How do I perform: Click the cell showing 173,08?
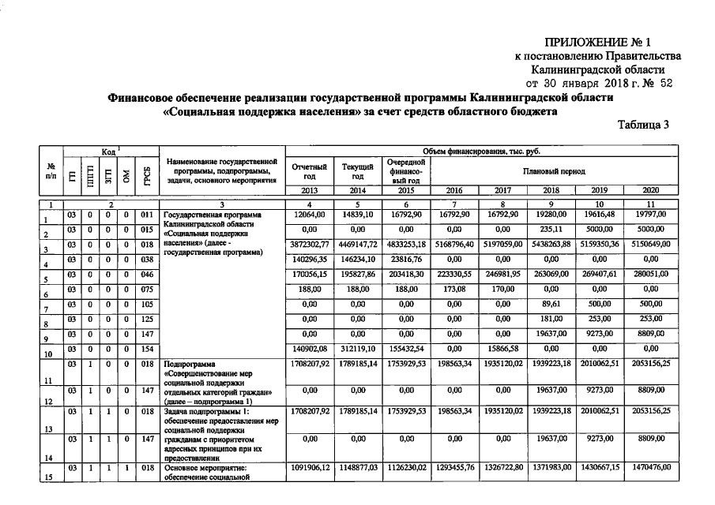(x=455, y=290)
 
